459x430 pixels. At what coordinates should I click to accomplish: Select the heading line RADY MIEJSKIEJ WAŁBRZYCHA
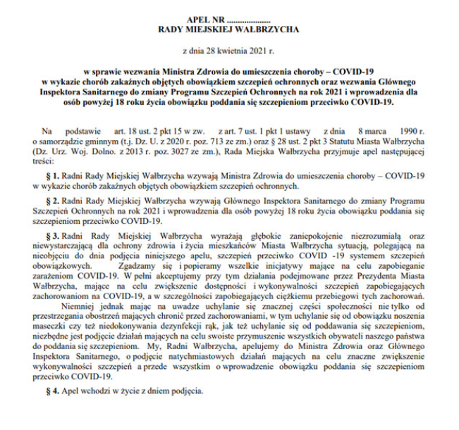[230, 30]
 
